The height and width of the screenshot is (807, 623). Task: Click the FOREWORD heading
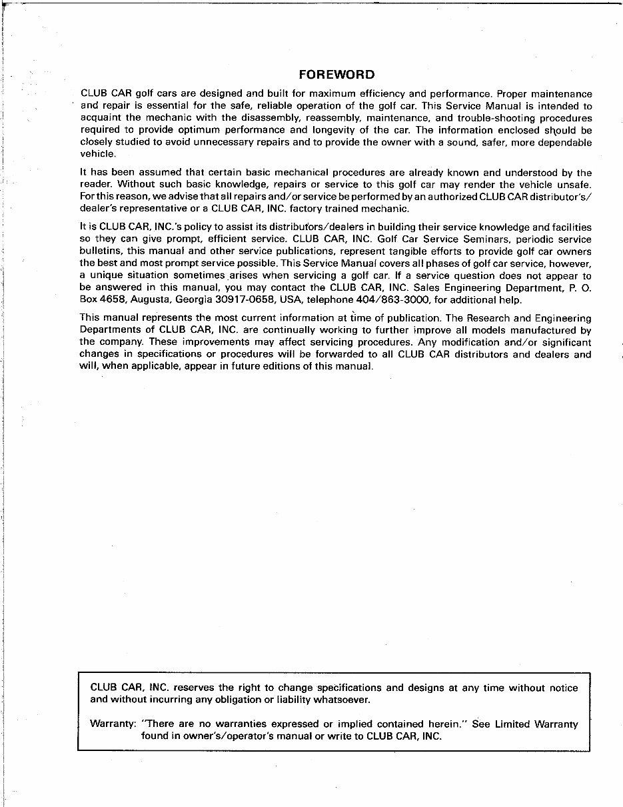(336, 75)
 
